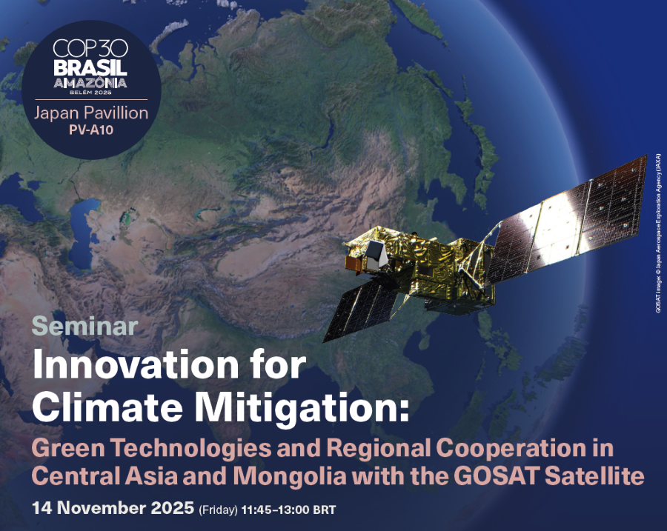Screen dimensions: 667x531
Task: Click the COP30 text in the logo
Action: click(x=90, y=48)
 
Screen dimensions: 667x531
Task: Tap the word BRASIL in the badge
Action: click(x=90, y=67)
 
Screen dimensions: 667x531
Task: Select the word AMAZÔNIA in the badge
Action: click(x=90, y=82)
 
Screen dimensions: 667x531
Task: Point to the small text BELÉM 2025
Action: click(x=90, y=93)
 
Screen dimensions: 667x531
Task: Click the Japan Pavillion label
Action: click(x=91, y=113)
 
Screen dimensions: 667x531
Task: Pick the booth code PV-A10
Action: click(x=91, y=130)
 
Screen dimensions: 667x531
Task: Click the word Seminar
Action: click(x=84, y=327)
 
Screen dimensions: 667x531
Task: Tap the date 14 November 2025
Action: click(x=113, y=508)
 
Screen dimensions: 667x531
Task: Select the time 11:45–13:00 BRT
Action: click(x=288, y=510)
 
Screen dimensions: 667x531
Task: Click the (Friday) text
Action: click(x=218, y=510)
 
